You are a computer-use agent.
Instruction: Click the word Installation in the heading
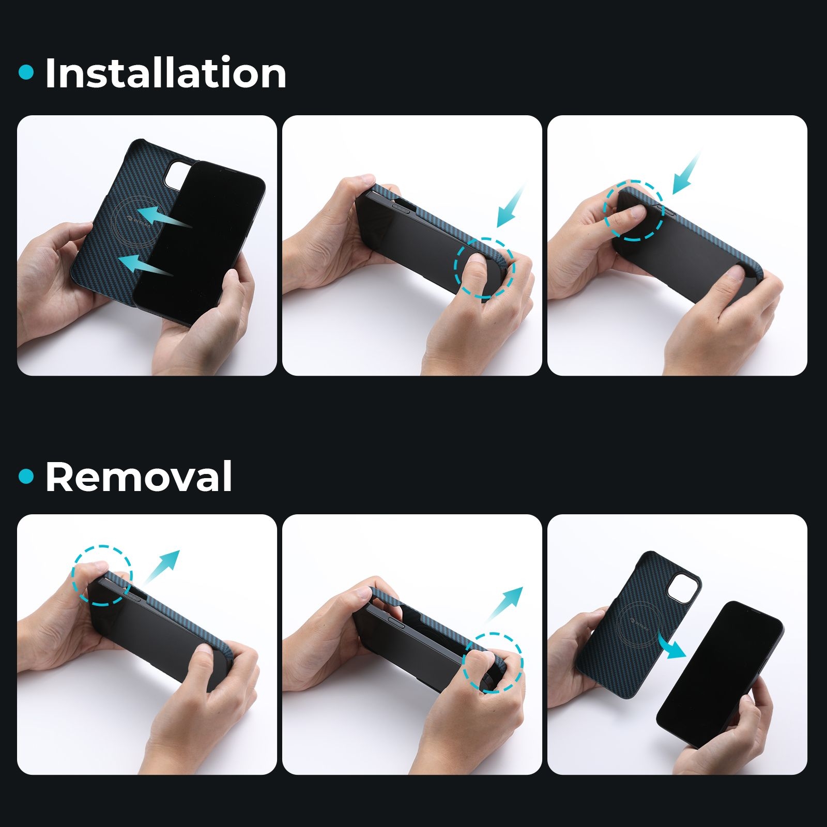(x=166, y=73)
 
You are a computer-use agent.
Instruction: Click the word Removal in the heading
(x=139, y=477)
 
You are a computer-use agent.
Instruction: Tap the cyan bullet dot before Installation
(x=26, y=72)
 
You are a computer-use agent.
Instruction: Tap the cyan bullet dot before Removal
(x=26, y=476)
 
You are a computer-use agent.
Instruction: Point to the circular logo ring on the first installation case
(x=131, y=223)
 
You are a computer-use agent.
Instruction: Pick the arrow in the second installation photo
(x=511, y=207)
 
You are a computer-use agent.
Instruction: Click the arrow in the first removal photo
(x=161, y=567)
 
